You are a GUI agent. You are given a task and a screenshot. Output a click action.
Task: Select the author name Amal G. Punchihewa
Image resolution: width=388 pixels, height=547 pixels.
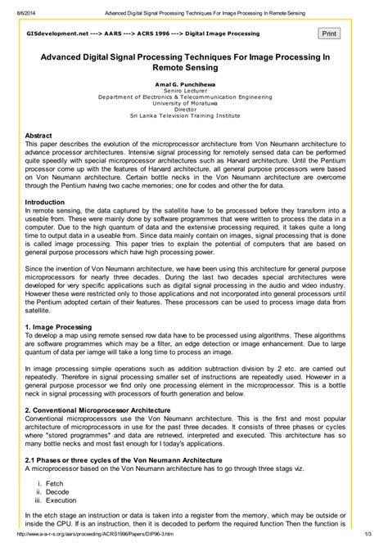point(194,84)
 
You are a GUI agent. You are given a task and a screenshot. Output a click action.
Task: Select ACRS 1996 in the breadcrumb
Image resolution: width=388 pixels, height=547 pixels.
point(143,36)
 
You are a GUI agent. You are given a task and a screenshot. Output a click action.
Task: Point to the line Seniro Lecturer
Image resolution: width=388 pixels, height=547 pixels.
point(194,91)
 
